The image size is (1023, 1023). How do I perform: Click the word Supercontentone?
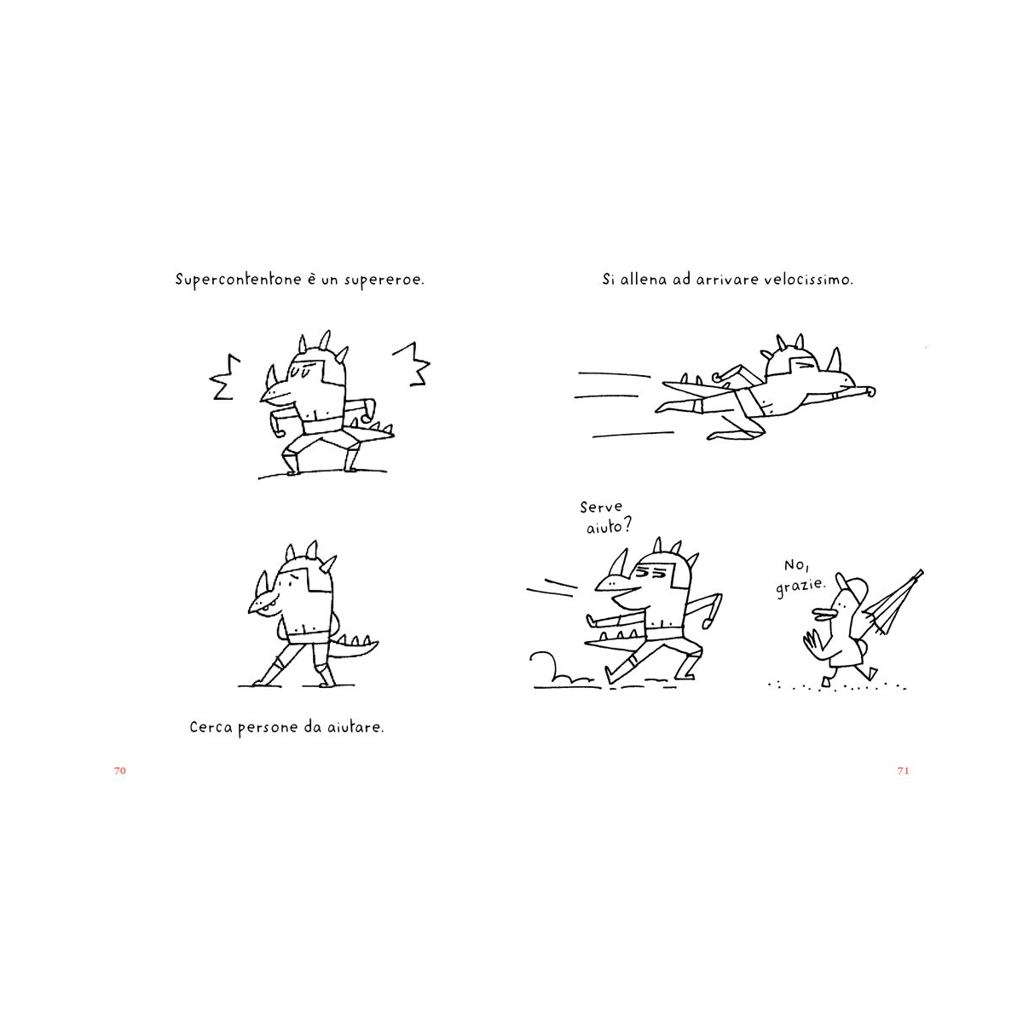[238, 280]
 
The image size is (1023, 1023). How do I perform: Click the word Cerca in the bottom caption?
[211, 726]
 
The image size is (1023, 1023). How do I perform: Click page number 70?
[120, 771]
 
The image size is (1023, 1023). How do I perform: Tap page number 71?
[903, 771]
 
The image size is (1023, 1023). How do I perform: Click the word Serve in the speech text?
[600, 507]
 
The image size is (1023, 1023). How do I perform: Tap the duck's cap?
[852, 586]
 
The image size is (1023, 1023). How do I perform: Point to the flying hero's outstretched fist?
[870, 392]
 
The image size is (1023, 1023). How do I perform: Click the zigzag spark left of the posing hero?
[224, 377]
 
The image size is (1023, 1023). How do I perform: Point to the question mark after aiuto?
[627, 526]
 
